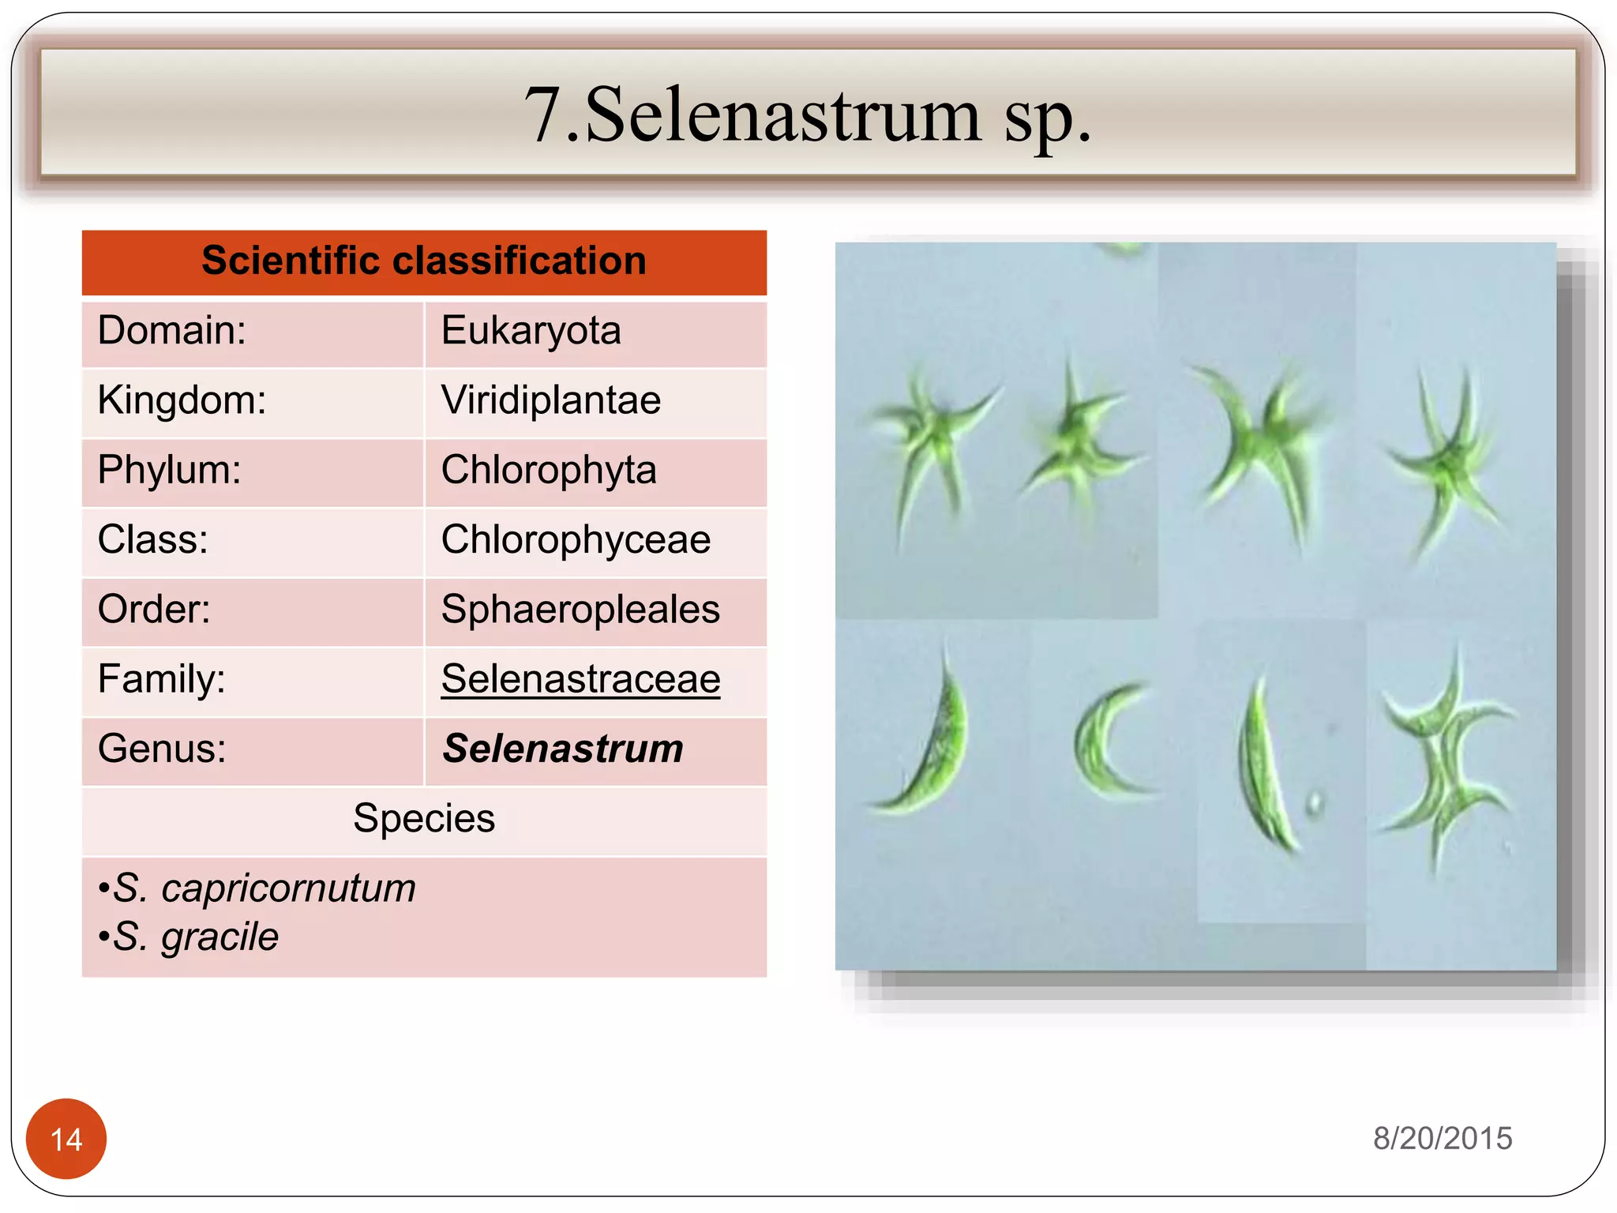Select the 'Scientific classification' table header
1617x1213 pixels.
[424, 261]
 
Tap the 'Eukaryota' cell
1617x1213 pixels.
[531, 331]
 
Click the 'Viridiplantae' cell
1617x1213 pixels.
[551, 400]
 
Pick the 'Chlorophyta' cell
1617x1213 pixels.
[549, 470]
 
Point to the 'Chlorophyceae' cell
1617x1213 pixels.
[576, 540]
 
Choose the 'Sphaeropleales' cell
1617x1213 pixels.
[580, 610]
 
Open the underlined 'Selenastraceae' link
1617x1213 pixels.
[580, 679]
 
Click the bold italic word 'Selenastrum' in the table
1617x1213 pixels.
[563, 749]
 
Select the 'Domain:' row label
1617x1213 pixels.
[172, 331]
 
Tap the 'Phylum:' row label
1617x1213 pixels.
[170, 470]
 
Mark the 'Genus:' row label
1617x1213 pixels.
[162, 749]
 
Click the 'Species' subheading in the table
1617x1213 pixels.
[424, 818]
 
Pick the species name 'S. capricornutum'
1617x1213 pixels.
[264, 888]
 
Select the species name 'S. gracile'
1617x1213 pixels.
[196, 937]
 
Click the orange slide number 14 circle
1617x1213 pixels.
[66, 1139]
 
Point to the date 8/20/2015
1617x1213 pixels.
[1443, 1139]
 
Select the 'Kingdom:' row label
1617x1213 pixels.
[182, 400]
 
